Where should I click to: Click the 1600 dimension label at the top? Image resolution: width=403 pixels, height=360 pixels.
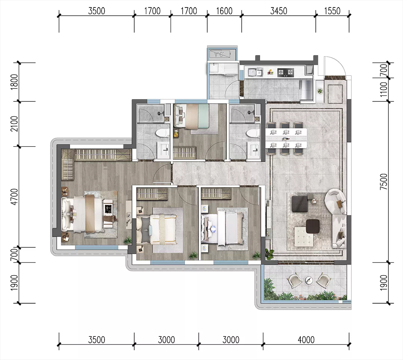[224, 11]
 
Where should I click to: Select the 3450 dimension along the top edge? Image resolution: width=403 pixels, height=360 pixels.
[279, 11]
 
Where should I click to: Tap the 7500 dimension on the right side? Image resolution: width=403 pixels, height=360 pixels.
[384, 182]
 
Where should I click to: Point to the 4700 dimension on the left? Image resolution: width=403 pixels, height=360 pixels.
[15, 197]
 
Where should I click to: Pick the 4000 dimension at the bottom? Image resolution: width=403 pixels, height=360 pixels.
[306, 340]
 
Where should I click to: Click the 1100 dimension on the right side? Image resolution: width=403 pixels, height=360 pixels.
[384, 90]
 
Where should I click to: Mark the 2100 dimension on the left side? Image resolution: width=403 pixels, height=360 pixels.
[15, 124]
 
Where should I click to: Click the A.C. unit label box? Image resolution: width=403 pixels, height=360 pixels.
[219, 54]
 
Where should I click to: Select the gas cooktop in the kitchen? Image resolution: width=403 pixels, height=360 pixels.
[285, 72]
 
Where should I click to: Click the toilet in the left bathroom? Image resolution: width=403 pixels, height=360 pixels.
[162, 134]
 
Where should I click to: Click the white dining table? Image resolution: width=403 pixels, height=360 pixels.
[286, 139]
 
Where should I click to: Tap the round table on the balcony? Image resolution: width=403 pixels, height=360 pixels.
[309, 280]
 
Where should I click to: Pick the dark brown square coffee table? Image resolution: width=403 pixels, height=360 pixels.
[313, 226]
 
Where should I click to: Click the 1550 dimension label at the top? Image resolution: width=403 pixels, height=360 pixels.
[332, 11]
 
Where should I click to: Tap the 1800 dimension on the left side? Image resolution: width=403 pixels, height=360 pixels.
[15, 82]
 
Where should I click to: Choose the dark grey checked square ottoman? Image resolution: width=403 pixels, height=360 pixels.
[300, 204]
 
